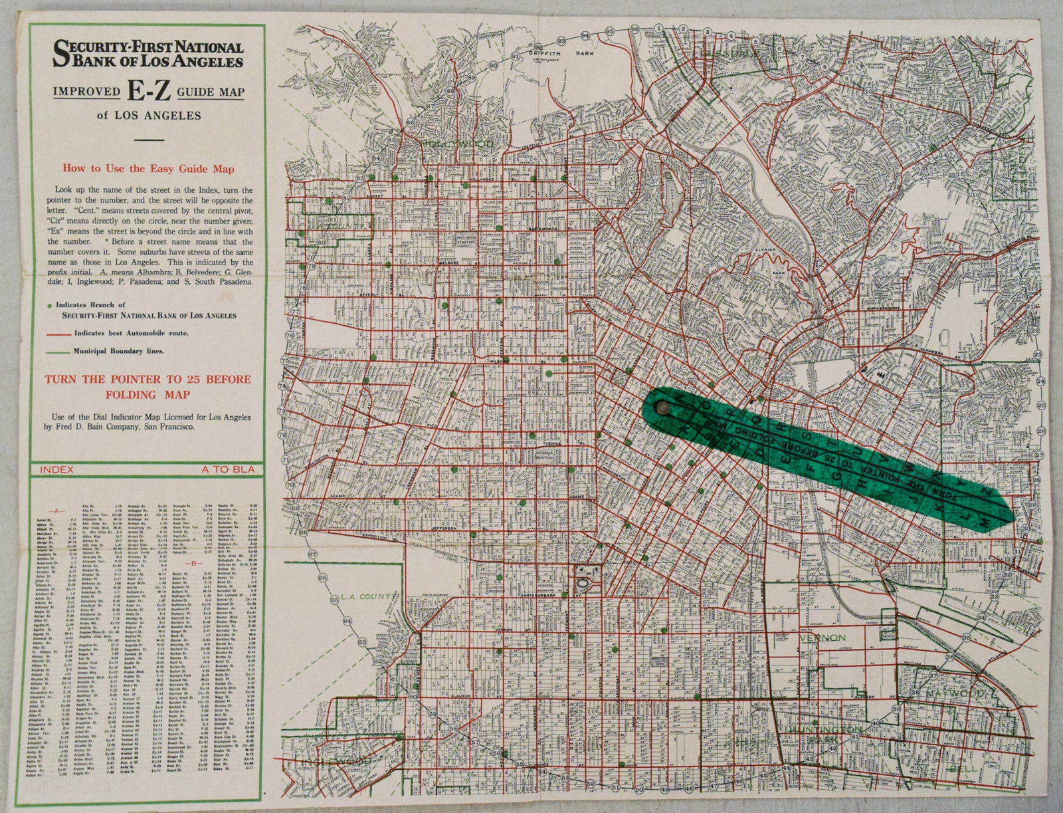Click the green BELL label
coord(961,768)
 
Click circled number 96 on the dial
coord(634,29)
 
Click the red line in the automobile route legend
coord(60,332)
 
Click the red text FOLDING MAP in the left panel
coord(147,394)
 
